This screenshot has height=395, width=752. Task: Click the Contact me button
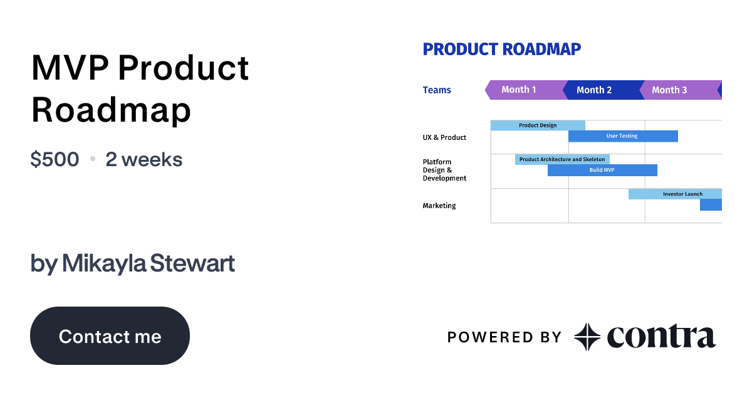110,336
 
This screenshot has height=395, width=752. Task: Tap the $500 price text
55,159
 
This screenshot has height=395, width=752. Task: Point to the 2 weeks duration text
144,159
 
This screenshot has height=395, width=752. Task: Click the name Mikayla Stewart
149,263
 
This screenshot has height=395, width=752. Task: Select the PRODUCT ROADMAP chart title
501,49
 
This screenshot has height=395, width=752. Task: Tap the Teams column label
437,90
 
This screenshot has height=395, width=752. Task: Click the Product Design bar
538,125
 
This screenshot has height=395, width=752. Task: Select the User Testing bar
622,136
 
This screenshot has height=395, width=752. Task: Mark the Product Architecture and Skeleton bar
562,159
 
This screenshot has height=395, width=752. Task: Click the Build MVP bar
602,170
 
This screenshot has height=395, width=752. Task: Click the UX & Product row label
444,137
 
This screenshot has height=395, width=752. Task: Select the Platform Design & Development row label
444,170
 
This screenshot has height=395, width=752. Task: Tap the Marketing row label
439,206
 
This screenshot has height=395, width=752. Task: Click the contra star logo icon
587,337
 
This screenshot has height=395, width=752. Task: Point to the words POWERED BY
504,337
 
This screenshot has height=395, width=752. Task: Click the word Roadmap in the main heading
111,110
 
